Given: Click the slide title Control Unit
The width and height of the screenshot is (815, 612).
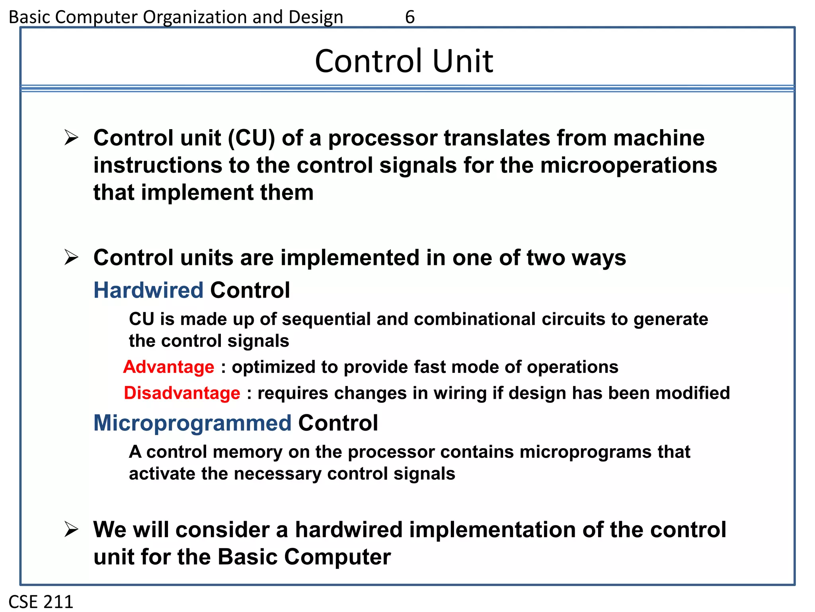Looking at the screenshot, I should (x=404, y=61).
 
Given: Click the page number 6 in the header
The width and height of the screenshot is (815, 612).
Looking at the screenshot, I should (x=409, y=17).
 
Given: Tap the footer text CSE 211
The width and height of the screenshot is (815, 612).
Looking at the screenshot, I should (x=41, y=602).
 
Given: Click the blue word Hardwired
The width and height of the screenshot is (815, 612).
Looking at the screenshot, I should (x=148, y=290).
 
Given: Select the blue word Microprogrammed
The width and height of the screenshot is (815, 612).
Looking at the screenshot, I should (x=192, y=423).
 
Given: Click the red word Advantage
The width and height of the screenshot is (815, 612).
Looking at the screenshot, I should (x=169, y=367).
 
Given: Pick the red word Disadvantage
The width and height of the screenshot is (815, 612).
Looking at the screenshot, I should (x=182, y=393).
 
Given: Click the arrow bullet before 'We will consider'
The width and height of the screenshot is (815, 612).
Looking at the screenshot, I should (x=71, y=530).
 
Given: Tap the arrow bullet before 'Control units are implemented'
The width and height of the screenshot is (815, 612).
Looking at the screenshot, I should (x=71, y=257).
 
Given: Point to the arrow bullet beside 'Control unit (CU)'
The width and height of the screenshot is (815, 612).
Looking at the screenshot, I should (x=71, y=138).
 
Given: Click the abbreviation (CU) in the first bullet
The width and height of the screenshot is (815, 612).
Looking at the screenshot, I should (x=252, y=138).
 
